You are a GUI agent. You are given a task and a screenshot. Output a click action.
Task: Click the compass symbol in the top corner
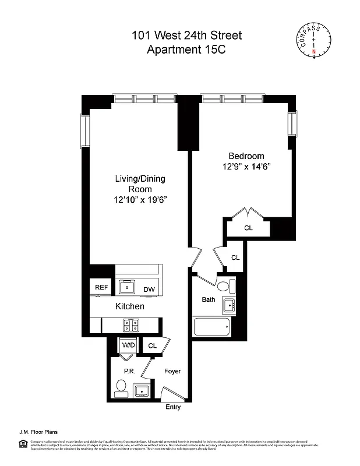click(314, 42)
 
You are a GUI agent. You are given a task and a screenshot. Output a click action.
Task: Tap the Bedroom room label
click(246, 156)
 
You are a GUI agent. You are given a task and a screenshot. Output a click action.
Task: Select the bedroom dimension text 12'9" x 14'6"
click(246, 167)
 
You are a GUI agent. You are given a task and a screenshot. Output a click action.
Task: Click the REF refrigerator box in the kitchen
click(101, 287)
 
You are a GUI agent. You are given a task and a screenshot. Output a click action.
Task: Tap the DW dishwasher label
click(149, 290)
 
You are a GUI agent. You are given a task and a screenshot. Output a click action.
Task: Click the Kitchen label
click(129, 306)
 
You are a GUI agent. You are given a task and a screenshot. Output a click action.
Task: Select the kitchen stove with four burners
click(131, 324)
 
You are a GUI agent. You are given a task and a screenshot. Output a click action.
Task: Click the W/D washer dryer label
click(128, 345)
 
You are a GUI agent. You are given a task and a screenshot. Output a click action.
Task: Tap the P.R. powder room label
click(129, 371)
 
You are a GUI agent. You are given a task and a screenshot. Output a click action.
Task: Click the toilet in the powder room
click(122, 387)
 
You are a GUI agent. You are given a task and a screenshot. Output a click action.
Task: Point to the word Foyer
click(172, 371)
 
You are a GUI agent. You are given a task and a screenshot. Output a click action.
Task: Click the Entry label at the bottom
click(173, 407)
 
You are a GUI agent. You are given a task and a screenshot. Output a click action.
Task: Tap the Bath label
click(209, 300)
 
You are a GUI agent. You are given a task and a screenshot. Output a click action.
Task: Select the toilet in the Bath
click(224, 287)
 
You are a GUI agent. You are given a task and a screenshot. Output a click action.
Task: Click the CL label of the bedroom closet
click(248, 228)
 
